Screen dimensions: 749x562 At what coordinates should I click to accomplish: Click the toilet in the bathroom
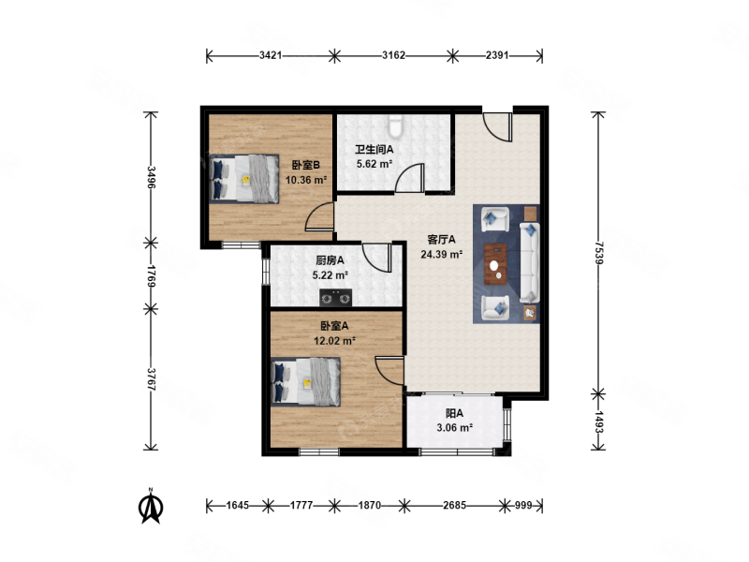395,126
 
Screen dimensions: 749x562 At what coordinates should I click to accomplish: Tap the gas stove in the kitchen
335,298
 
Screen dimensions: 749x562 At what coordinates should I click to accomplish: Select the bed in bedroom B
244,179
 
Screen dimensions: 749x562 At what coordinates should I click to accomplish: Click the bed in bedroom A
306,382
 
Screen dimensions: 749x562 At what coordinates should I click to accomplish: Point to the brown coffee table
496,264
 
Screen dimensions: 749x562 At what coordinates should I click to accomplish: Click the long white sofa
529,262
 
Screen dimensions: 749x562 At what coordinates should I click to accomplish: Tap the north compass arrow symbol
151,507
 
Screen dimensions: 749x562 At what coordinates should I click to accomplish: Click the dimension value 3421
271,55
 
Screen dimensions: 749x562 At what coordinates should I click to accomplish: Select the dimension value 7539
599,253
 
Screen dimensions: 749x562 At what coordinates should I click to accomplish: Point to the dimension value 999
523,505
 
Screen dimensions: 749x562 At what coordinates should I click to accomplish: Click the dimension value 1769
151,276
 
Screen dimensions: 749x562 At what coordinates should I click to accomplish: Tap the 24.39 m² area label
441,254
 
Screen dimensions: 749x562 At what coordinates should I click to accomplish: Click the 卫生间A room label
374,149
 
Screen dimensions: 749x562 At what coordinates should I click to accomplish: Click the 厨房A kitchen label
330,260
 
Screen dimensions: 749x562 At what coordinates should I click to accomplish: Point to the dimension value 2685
454,505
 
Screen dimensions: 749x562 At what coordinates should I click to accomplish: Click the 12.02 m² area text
334,341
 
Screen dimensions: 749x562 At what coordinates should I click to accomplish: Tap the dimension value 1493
599,422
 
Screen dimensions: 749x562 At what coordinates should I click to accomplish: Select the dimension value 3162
393,55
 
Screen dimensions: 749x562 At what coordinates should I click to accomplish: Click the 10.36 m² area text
306,180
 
